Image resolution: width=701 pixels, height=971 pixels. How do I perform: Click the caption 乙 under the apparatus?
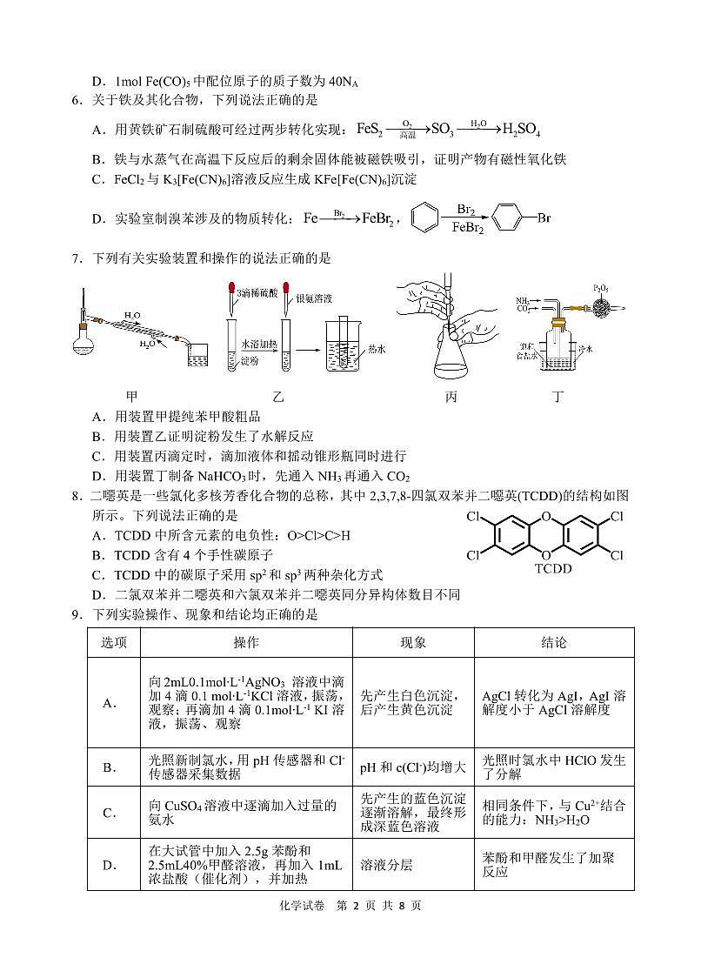[x=278, y=396]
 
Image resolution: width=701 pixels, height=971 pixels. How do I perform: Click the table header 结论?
[x=554, y=642]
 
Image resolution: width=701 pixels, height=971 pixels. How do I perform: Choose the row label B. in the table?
[x=110, y=767]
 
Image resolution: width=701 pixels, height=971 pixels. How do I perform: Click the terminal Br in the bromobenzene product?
[x=544, y=218]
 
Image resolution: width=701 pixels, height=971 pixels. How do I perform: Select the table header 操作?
[x=246, y=642]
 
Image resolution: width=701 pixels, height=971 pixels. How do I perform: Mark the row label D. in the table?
[x=110, y=865]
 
